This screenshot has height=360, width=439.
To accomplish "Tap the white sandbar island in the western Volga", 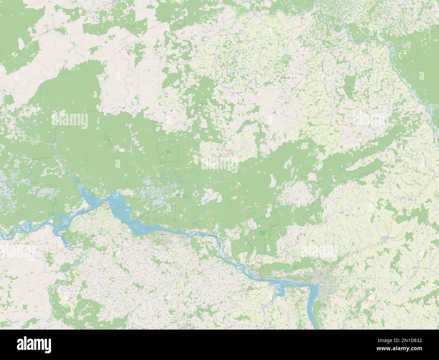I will [51, 221].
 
